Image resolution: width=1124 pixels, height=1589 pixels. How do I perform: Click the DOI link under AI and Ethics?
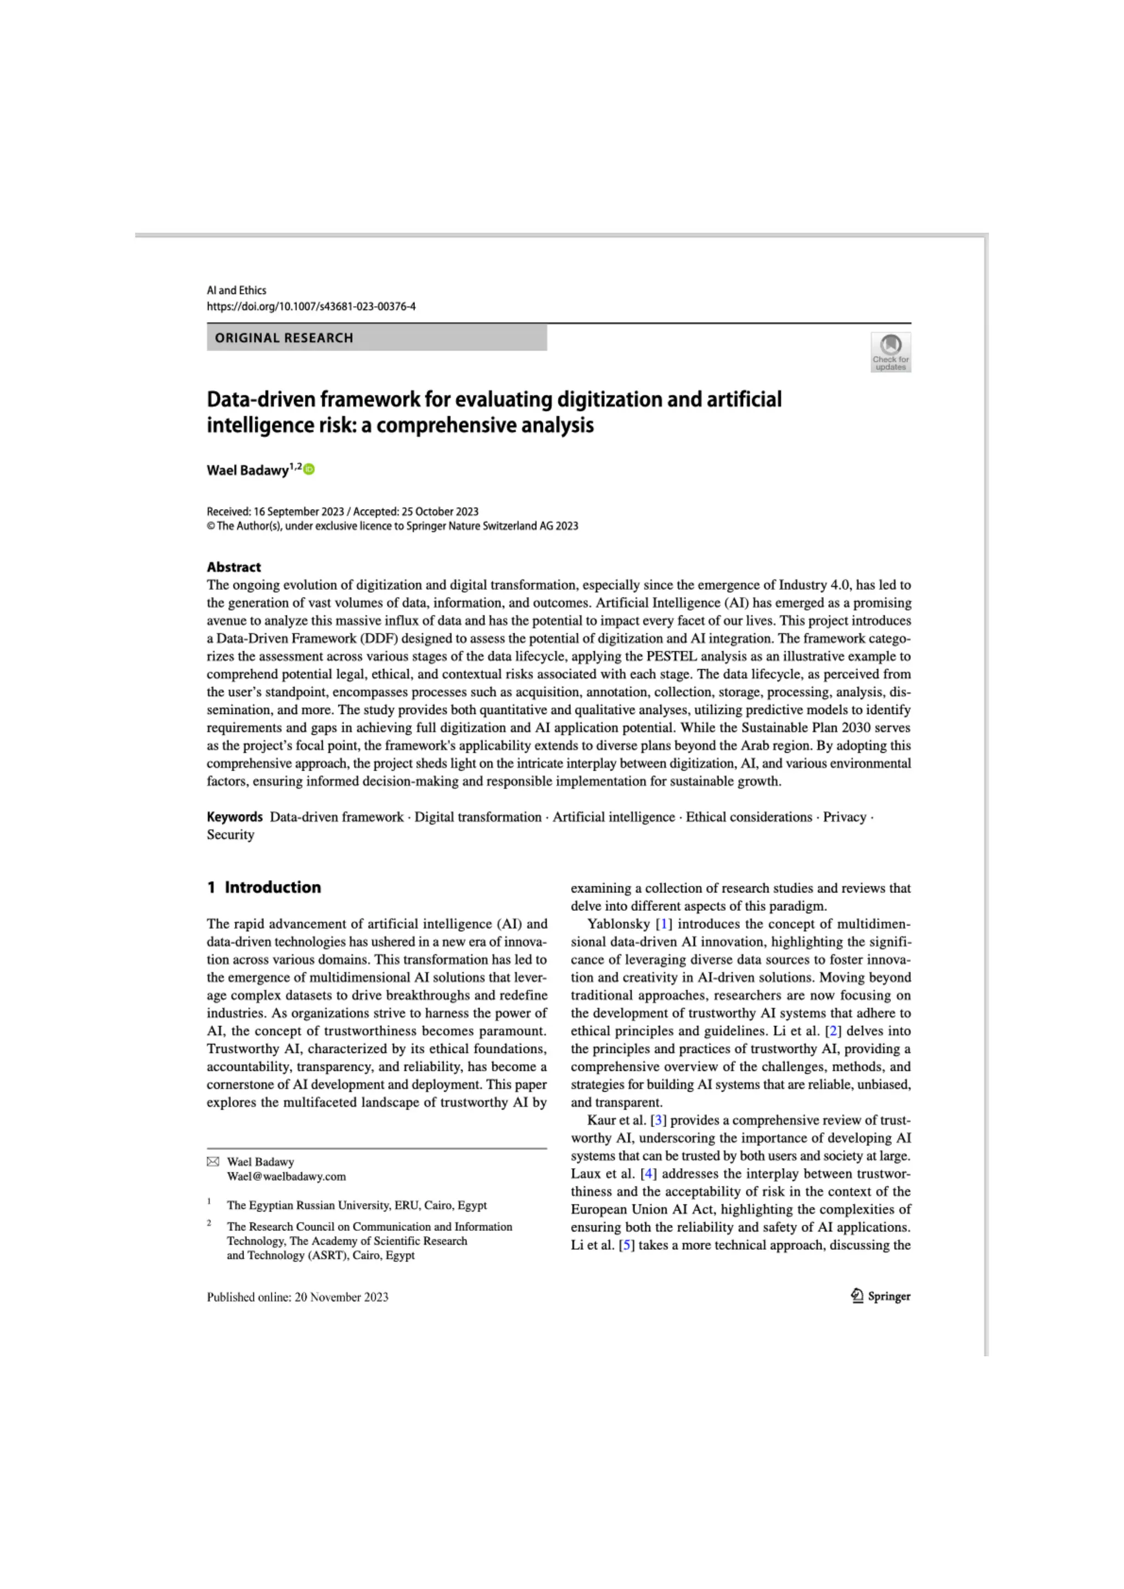coord(311,307)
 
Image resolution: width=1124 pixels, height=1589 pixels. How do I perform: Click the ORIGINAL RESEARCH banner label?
coord(284,338)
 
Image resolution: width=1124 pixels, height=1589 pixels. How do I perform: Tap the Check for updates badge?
coord(890,352)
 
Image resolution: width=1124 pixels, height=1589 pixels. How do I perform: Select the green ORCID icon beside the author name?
coord(310,469)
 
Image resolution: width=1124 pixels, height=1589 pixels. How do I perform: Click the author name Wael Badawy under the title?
coord(247,471)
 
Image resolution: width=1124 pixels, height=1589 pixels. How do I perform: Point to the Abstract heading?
coord(234,567)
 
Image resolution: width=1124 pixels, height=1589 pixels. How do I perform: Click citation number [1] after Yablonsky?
coord(664,924)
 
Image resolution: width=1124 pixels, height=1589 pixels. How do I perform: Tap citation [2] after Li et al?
coord(833,1030)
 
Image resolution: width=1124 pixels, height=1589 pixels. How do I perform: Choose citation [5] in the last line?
coord(626,1245)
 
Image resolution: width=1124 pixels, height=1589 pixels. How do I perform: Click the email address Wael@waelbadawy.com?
coord(286,1176)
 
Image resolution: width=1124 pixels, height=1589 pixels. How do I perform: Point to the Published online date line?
coord(297,1297)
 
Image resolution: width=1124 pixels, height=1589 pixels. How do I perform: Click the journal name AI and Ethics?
coord(236,290)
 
